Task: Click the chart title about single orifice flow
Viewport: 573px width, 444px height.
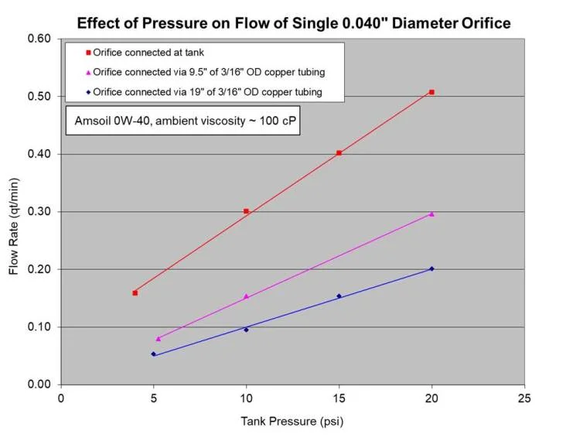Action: [294, 22]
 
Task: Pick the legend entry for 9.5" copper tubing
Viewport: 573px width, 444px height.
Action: [204, 73]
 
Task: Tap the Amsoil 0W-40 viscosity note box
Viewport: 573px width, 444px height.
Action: [180, 123]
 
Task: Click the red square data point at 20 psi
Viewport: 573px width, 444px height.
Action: [431, 92]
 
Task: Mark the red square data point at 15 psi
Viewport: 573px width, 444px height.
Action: [339, 153]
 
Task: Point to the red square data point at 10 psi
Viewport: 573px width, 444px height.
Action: [246, 211]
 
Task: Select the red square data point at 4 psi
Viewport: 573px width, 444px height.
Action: [135, 293]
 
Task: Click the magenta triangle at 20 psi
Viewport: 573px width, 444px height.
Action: [431, 214]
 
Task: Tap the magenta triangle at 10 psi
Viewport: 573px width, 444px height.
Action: [246, 296]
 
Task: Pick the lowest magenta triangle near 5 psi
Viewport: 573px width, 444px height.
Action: [159, 338]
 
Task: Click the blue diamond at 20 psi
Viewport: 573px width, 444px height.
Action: [431, 269]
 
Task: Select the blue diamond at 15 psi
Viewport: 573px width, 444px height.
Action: [339, 296]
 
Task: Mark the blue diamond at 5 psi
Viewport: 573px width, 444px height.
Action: [153, 354]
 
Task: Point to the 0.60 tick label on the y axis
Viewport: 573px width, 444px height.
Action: [40, 39]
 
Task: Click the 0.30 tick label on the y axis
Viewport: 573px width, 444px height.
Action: [40, 212]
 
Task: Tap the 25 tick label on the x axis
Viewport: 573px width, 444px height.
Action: [524, 398]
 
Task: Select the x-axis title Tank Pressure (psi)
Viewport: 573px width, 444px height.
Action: [292, 422]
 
